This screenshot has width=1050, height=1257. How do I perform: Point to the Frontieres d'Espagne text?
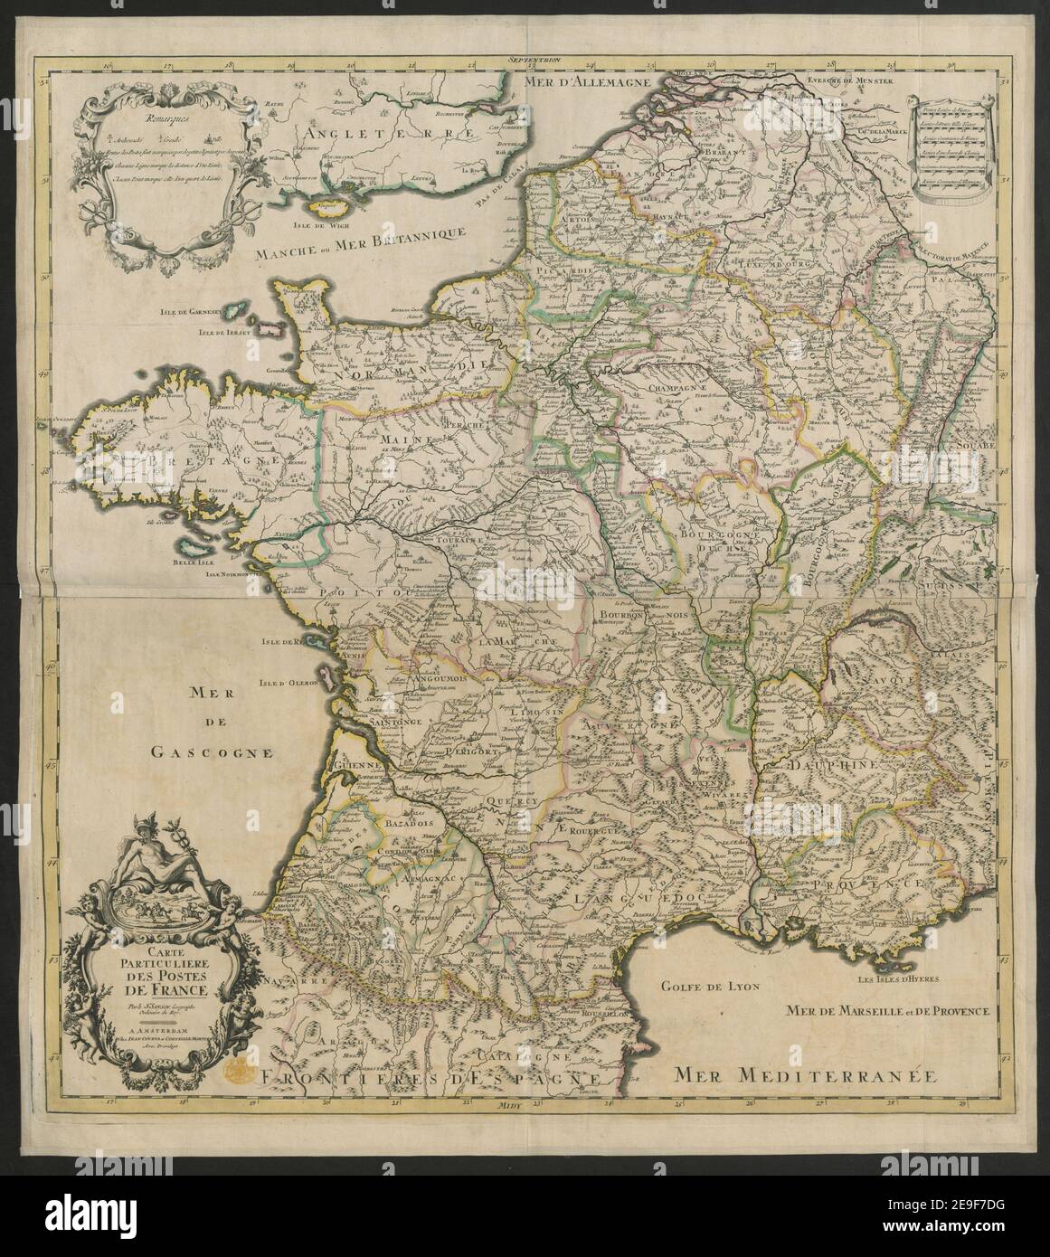point(426,1078)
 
